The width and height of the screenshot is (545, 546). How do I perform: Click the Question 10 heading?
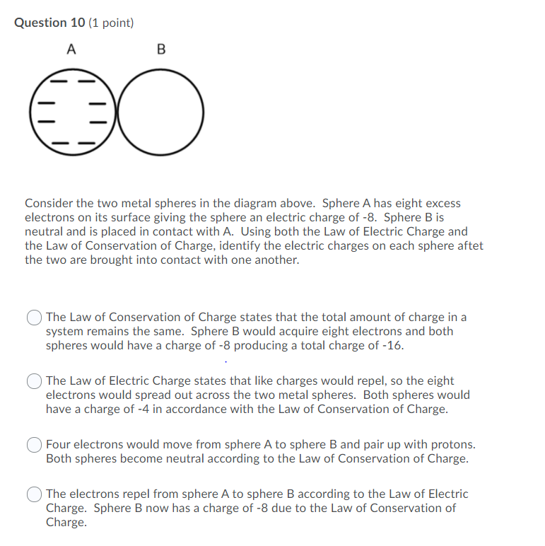50,23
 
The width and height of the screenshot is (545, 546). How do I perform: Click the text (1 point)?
112,23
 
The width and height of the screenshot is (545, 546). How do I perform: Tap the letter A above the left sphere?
71,50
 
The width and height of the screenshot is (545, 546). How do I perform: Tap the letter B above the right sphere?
160,50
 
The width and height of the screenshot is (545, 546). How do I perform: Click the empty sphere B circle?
160,112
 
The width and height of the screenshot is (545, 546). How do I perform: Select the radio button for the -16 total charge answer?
35,318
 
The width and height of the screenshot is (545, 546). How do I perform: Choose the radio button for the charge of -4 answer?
35,381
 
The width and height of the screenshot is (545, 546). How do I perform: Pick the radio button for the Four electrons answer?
35,445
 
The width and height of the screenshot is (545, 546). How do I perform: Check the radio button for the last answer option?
35,494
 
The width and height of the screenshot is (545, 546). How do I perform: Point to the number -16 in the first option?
393,346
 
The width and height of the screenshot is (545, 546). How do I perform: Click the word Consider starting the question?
48,204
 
